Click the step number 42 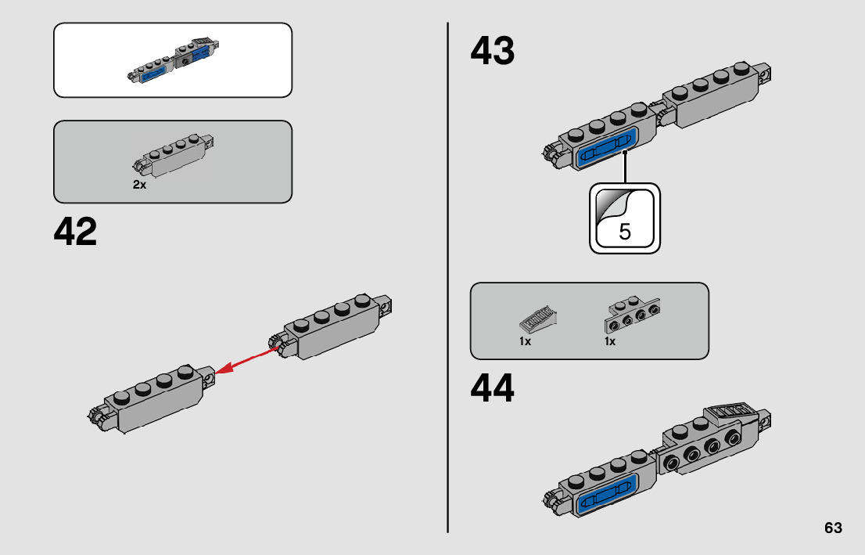(x=76, y=232)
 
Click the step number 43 (x=493, y=52)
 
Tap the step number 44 (x=493, y=389)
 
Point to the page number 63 (x=833, y=528)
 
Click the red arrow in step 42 (x=247, y=362)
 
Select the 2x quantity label (x=139, y=186)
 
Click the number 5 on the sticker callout (x=624, y=232)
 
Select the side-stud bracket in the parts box (x=631, y=315)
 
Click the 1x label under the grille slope (x=525, y=342)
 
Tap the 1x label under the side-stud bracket (x=610, y=342)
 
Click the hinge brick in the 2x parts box (x=175, y=155)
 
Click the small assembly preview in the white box (x=175, y=61)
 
